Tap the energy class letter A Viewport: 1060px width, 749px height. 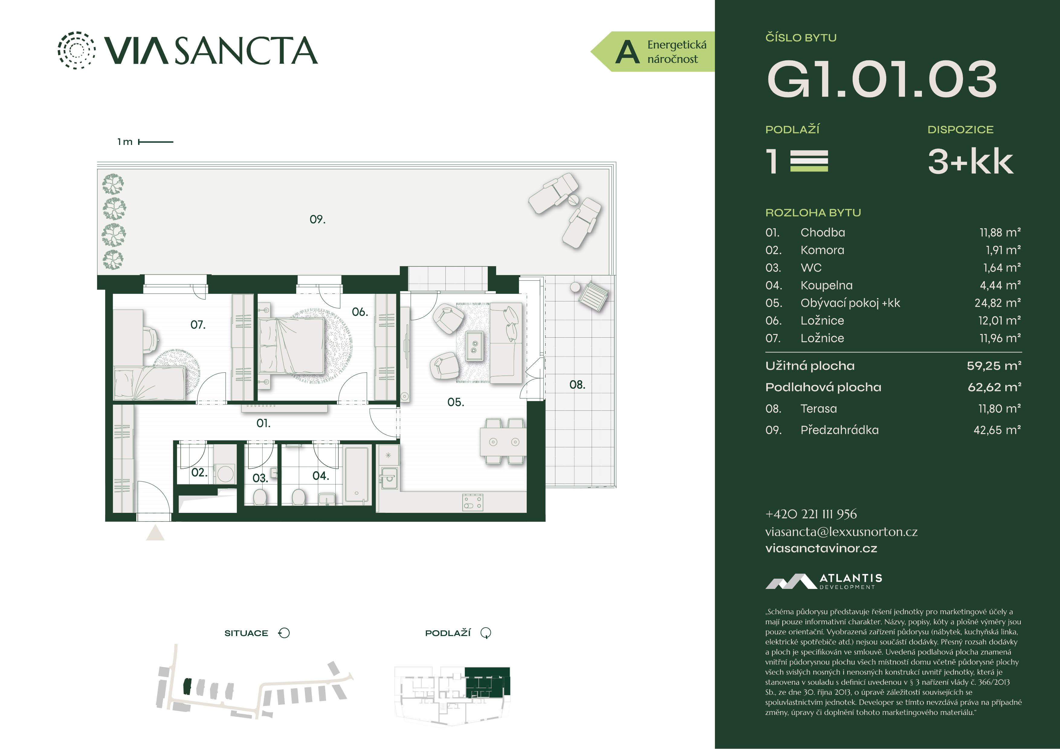[x=627, y=52]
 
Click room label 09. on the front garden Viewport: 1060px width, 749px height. [x=317, y=219]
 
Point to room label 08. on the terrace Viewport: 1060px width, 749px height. [x=577, y=384]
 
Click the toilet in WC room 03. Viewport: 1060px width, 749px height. [x=260, y=497]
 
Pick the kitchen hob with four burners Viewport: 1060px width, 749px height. [x=473, y=503]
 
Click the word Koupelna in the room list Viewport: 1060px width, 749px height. [x=826, y=285]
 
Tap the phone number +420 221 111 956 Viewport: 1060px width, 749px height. [x=811, y=514]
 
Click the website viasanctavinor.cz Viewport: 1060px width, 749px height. [x=821, y=548]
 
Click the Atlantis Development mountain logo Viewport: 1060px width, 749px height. [x=791, y=581]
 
